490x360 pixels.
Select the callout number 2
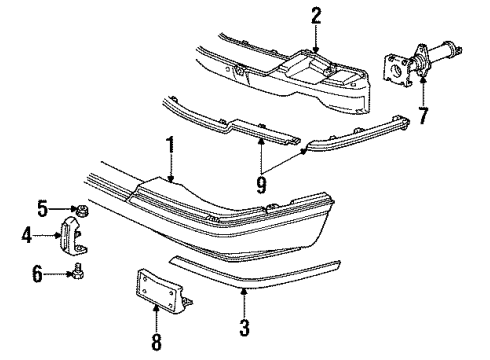(316, 15)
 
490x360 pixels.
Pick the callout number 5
(43, 209)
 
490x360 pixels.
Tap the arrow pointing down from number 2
(316, 47)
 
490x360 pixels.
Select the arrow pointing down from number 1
(171, 178)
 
